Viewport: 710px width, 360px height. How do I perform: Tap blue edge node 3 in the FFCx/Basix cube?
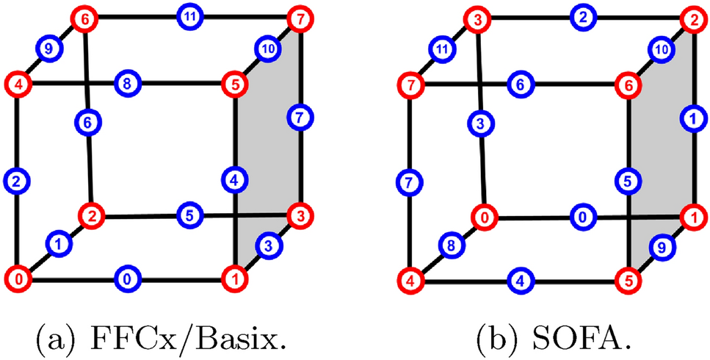pos(269,246)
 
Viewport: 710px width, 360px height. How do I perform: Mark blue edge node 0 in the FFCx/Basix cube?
pos(126,279)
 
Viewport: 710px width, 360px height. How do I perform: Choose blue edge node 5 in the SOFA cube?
pos(626,179)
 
